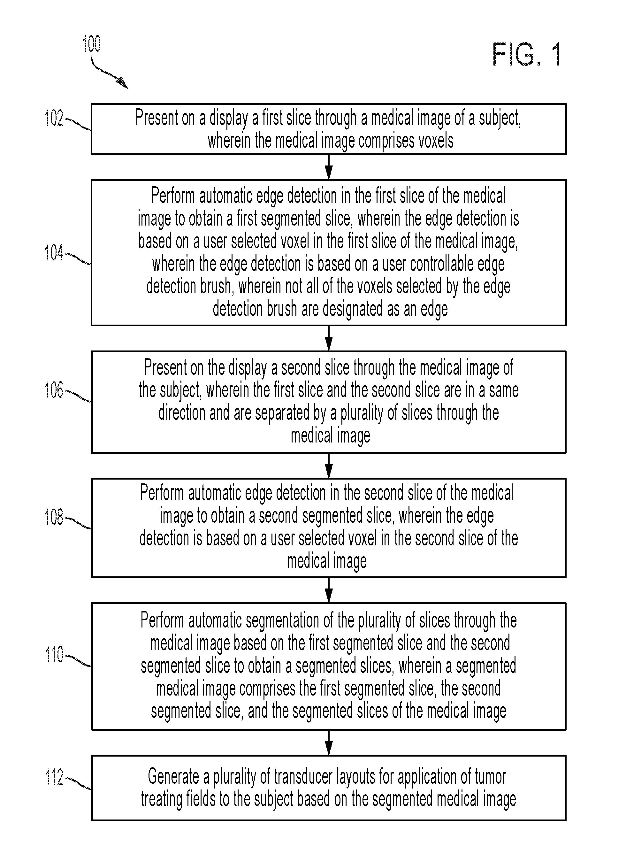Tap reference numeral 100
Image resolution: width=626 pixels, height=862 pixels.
point(92,44)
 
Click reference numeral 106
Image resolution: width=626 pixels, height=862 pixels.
point(54,390)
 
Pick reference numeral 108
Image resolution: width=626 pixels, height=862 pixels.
point(54,517)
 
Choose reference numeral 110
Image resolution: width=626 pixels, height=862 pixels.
point(54,655)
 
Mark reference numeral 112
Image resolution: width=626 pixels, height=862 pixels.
point(54,777)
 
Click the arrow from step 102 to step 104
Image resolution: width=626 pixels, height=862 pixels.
point(329,167)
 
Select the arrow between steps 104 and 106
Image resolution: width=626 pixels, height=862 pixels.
point(329,338)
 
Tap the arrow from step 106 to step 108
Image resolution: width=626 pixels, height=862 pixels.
point(329,466)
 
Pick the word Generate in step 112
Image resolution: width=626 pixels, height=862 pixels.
point(173,776)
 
